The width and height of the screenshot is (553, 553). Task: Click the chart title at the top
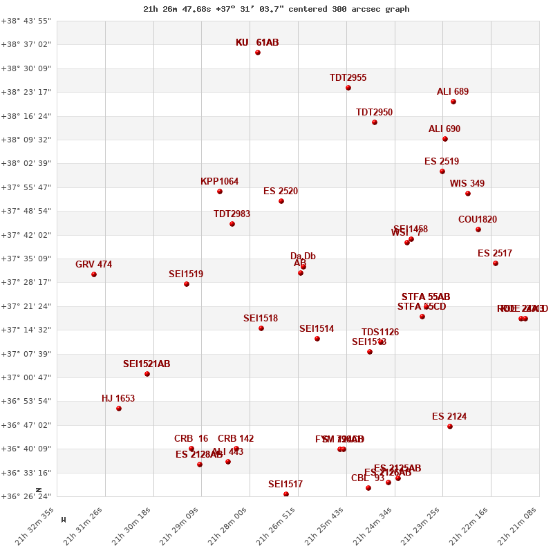[x=276, y=9]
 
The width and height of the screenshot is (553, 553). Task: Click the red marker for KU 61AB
[x=258, y=53]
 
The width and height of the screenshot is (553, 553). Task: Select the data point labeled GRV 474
[x=94, y=274]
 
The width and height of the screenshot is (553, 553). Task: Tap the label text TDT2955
[x=348, y=78]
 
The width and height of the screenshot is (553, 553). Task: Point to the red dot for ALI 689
[x=453, y=102]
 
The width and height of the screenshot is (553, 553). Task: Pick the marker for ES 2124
[x=450, y=427]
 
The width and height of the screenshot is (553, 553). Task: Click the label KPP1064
[x=219, y=182]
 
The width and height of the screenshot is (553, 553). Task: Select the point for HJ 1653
[x=119, y=409]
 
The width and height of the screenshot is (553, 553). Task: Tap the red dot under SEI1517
[x=286, y=494]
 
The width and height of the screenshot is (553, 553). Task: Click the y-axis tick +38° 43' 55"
[x=26, y=21]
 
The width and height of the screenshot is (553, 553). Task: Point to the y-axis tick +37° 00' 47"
[x=26, y=377]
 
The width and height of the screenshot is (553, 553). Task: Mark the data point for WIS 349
[x=468, y=194]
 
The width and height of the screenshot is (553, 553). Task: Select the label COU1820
[x=478, y=220]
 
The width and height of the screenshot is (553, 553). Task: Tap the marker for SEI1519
[x=187, y=284]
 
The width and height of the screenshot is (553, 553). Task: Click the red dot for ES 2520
[x=281, y=201]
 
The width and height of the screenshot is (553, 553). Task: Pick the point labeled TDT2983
[x=232, y=224]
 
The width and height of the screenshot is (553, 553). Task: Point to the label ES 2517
[x=495, y=254]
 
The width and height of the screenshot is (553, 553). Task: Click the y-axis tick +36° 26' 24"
[x=26, y=496]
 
